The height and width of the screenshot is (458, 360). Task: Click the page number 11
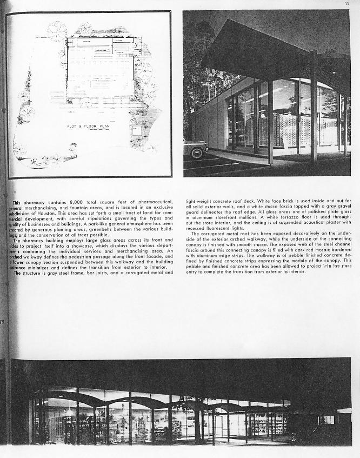pyautogui.click(x=347, y=4)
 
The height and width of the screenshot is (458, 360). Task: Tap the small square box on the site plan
pyautogui.click(x=137, y=130)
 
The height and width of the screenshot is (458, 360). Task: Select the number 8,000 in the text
pyautogui.click(x=70, y=202)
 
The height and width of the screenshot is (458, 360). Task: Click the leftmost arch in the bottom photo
pyautogui.click(x=59, y=397)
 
